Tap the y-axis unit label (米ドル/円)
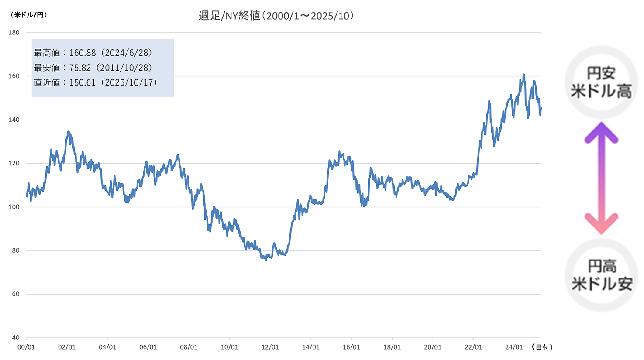[29, 15]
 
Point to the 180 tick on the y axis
[14, 33]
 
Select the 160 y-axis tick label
[14, 76]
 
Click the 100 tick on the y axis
[14, 207]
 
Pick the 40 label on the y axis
[16, 337]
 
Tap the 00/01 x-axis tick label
[26, 347]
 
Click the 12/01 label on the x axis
[270, 347]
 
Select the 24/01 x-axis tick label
[514, 347]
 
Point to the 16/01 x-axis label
[351, 347]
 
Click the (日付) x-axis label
[543, 347]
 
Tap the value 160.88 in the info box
[83, 53]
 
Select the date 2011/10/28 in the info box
[124, 68]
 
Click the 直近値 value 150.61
[83, 82]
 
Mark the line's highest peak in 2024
[523, 75]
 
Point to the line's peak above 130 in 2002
[69, 131]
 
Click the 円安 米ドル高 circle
[601, 82]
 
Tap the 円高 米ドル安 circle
[602, 275]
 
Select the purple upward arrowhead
[601, 131]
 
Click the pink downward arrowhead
[601, 224]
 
